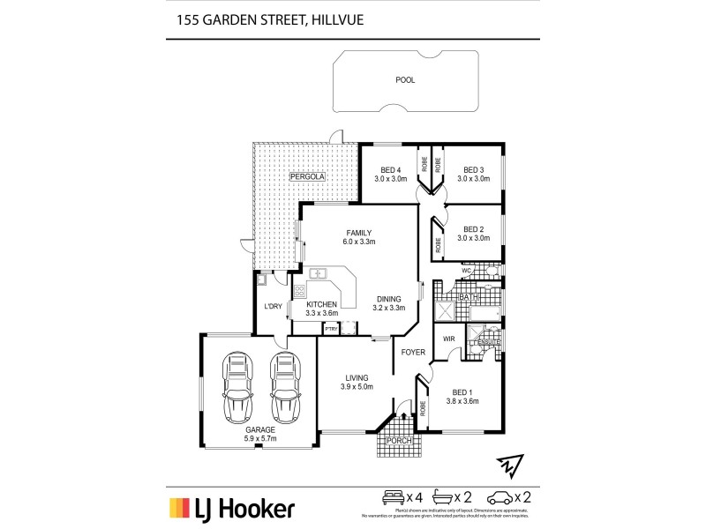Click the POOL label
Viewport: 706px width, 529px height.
pos(406,79)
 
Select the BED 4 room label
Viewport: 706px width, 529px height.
pos(391,170)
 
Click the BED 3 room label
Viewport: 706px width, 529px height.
pos(474,170)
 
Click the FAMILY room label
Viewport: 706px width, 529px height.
pos(358,233)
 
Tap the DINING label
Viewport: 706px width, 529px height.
pos(389,298)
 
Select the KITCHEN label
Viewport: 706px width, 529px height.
pos(321,304)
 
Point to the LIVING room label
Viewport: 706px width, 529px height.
pos(357,377)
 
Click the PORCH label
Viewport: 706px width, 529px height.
pos(400,440)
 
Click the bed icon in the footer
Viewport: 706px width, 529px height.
pos(391,496)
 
